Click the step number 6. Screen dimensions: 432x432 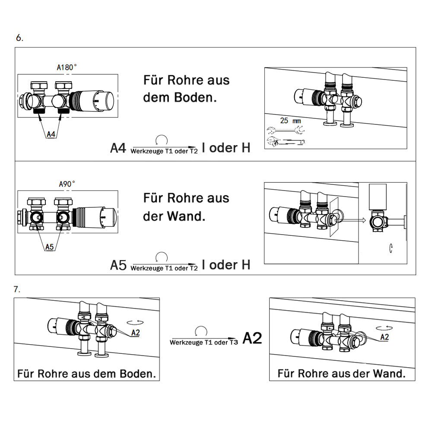tap(19, 38)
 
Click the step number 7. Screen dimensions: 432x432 tap(17, 289)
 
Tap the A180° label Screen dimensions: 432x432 tap(67, 67)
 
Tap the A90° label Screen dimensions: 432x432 tap(67, 184)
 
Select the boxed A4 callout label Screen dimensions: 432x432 tap(51, 134)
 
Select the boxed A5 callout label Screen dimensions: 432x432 tap(50, 247)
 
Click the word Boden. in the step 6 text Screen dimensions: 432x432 tap(195, 98)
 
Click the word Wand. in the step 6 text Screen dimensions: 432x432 tap(186, 216)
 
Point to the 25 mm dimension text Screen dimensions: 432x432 tap(290, 121)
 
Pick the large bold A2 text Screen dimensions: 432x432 tap(252, 338)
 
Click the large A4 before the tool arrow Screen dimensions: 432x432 tap(118, 148)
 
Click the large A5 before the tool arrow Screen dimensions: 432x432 tap(118, 265)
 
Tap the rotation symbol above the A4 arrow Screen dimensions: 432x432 tap(162, 140)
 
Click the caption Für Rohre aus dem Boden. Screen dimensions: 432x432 tap(86, 374)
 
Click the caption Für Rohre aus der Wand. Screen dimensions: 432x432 tap(342, 373)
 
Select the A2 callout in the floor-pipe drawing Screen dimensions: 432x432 tap(135, 333)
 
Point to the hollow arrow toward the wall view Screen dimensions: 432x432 tap(351, 220)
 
